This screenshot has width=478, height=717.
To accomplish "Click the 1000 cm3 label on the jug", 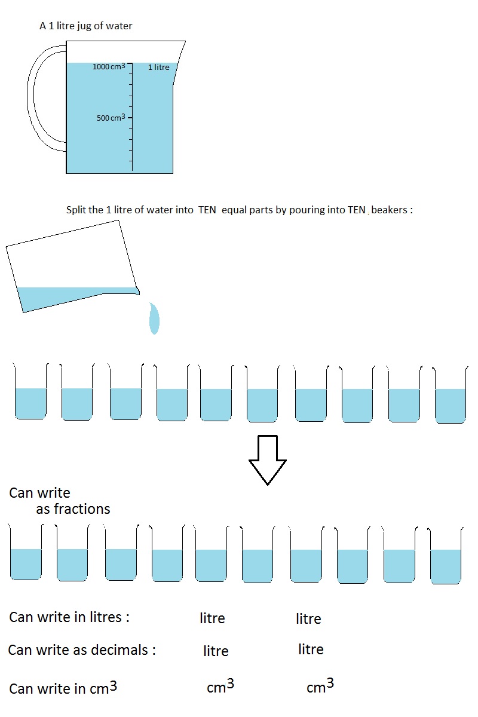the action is tap(109, 66).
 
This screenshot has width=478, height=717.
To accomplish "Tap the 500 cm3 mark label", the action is tap(111, 118).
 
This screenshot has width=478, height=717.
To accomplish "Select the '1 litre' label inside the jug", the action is tap(159, 67).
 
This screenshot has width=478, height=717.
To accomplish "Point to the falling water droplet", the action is tap(154, 318).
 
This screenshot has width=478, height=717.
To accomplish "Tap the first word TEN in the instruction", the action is tap(207, 210).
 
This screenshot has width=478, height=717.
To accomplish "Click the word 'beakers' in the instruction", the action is tap(390, 210).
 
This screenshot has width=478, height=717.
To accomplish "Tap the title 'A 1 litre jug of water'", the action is tap(86, 26).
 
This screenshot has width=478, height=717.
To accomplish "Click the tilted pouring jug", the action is tap(73, 266).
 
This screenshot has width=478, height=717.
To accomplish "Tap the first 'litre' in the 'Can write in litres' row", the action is tap(212, 618).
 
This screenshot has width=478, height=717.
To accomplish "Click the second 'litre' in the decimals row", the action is tap(311, 649).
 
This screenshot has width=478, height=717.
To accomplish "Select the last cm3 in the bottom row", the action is tap(320, 685).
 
